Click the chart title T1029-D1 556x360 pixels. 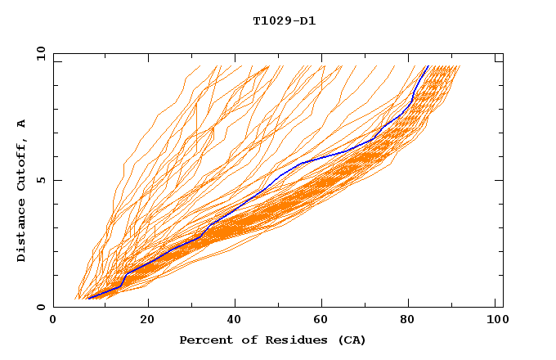pos(284,21)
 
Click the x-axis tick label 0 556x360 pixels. pos(53,321)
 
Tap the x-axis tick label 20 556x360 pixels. pos(147,321)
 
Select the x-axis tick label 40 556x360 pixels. pos(235,321)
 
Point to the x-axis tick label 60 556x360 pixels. pos(323,321)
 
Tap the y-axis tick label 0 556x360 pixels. pos(40,307)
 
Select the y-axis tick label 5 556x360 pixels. pos(40,180)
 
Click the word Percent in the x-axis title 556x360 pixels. pos(202,340)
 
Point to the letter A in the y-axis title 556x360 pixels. pos(22,124)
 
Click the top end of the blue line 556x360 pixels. pos(428,65)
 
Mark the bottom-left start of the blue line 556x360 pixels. pos(87,299)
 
